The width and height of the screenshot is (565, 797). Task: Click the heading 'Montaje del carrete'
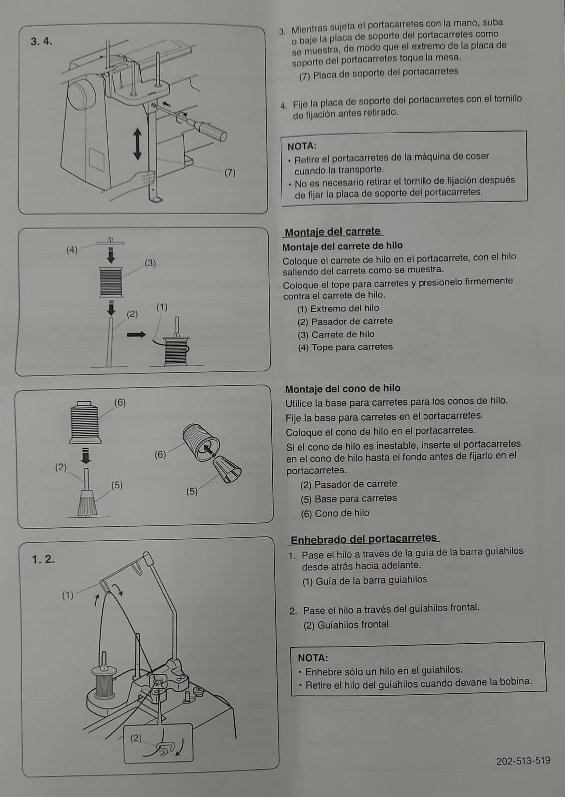[333, 232]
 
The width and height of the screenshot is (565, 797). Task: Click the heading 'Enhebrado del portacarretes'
[364, 538]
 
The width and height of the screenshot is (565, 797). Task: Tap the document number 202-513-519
[523, 761]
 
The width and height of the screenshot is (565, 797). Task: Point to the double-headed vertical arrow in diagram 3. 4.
[138, 144]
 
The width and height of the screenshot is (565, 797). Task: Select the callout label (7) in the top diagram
[230, 173]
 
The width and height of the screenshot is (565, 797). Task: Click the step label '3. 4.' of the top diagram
[41, 41]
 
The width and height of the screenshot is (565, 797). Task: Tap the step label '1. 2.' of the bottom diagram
[43, 559]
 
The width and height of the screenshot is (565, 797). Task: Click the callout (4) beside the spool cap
[72, 250]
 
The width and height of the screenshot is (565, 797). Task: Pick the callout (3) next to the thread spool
[150, 263]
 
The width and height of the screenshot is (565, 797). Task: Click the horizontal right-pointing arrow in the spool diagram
[136, 334]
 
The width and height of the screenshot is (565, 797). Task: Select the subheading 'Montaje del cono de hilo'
[342, 388]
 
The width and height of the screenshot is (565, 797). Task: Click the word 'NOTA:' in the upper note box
[302, 146]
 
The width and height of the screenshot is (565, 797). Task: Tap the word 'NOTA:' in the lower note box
[313, 657]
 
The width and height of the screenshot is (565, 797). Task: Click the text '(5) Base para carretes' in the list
[348, 498]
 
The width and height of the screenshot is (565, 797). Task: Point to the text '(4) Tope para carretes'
[345, 347]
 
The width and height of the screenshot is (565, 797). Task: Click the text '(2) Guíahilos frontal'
[346, 624]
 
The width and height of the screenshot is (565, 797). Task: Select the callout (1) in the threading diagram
[68, 595]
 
